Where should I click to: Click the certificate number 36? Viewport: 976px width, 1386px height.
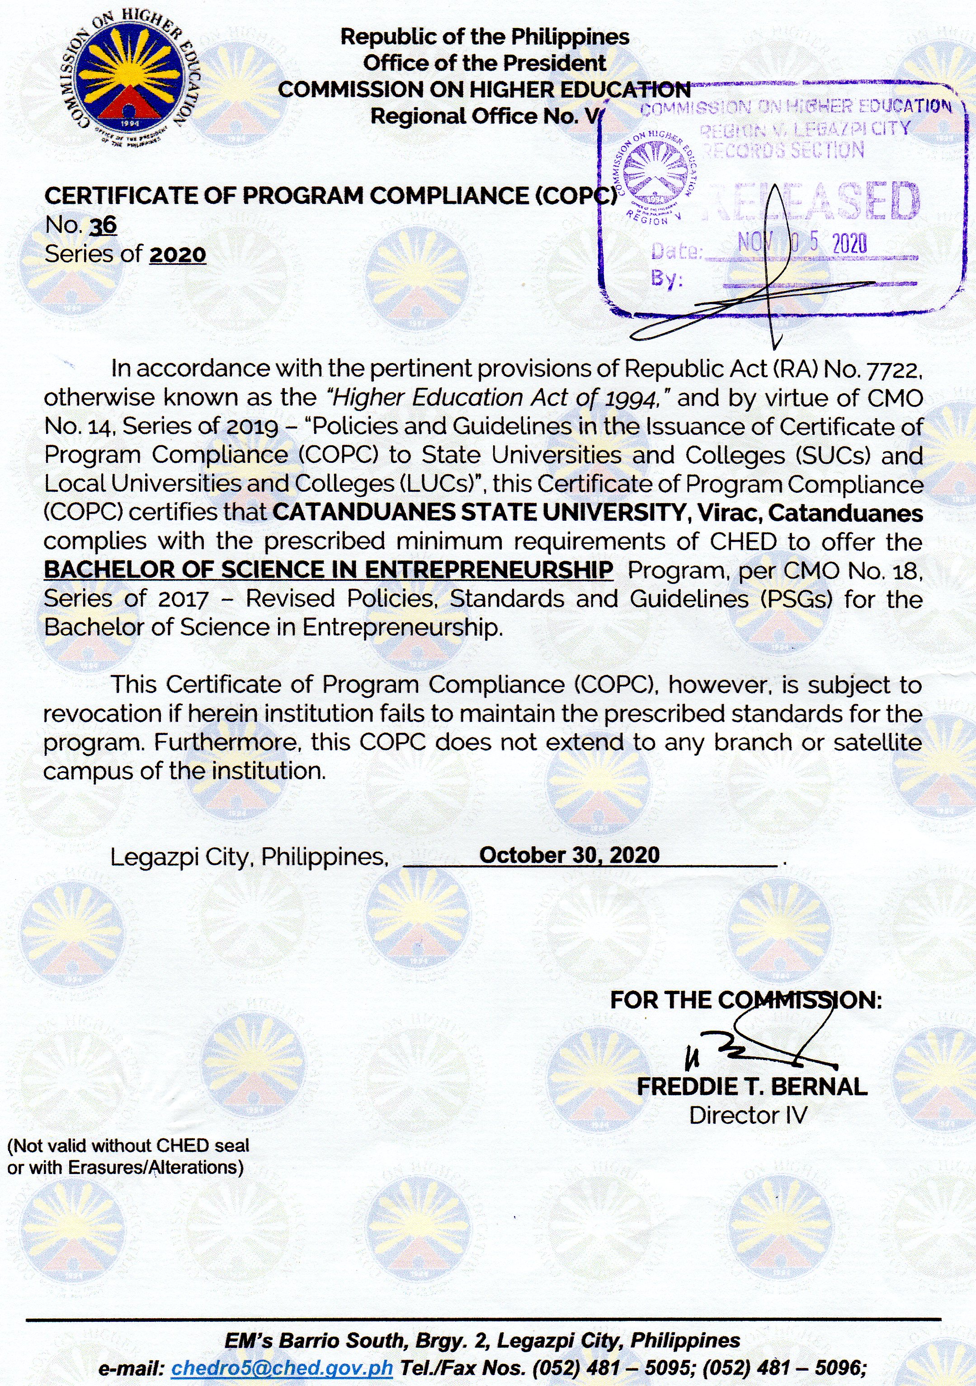click(x=103, y=225)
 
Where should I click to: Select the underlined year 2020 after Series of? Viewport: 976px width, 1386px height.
click(x=178, y=254)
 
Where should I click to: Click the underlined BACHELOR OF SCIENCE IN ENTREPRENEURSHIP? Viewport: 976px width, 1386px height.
click(x=328, y=570)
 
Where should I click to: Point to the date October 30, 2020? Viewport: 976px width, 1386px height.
click(x=569, y=855)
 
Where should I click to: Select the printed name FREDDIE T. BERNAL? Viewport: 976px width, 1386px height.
click(x=752, y=1087)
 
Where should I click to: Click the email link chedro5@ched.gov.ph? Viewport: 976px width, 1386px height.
click(x=282, y=1368)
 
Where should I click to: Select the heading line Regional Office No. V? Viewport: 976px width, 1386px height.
click(x=483, y=116)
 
